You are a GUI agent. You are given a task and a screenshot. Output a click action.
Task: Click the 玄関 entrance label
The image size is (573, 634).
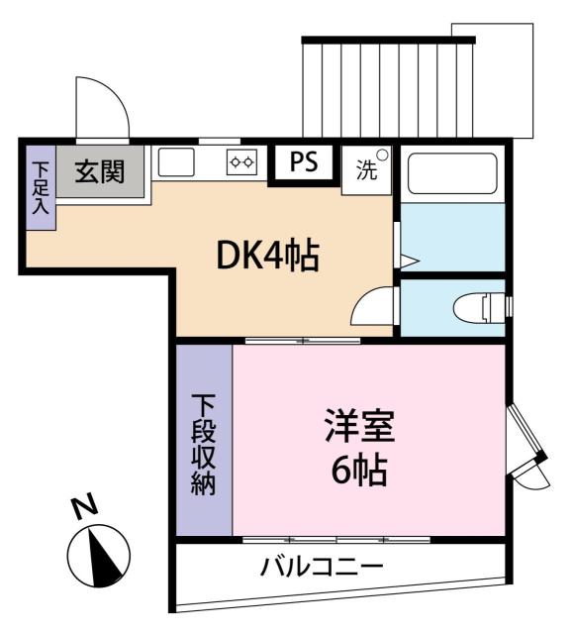click(99, 171)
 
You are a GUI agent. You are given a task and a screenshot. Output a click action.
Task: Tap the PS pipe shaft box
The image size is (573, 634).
click(304, 162)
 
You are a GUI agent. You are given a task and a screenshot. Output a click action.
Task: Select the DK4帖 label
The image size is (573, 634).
click(268, 256)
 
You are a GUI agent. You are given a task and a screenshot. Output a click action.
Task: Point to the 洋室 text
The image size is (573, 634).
click(359, 425)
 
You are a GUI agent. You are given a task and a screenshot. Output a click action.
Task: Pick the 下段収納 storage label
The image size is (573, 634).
click(203, 444)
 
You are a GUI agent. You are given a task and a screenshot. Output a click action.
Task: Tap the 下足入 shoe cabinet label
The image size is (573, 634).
click(41, 187)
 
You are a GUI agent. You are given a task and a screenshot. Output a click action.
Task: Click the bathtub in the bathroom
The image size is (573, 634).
click(452, 174)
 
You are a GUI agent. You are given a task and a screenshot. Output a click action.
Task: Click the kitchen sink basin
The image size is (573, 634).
click(175, 161)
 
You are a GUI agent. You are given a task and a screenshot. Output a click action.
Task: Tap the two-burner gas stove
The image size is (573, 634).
click(241, 162)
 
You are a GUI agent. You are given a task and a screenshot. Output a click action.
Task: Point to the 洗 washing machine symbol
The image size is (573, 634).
click(366, 169)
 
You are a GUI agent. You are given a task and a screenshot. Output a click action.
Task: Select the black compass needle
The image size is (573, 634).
click(105, 558)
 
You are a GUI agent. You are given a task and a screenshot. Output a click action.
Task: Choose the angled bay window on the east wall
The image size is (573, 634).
click(527, 447)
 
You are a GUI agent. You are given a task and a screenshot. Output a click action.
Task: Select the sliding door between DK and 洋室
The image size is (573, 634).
click(303, 341)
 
